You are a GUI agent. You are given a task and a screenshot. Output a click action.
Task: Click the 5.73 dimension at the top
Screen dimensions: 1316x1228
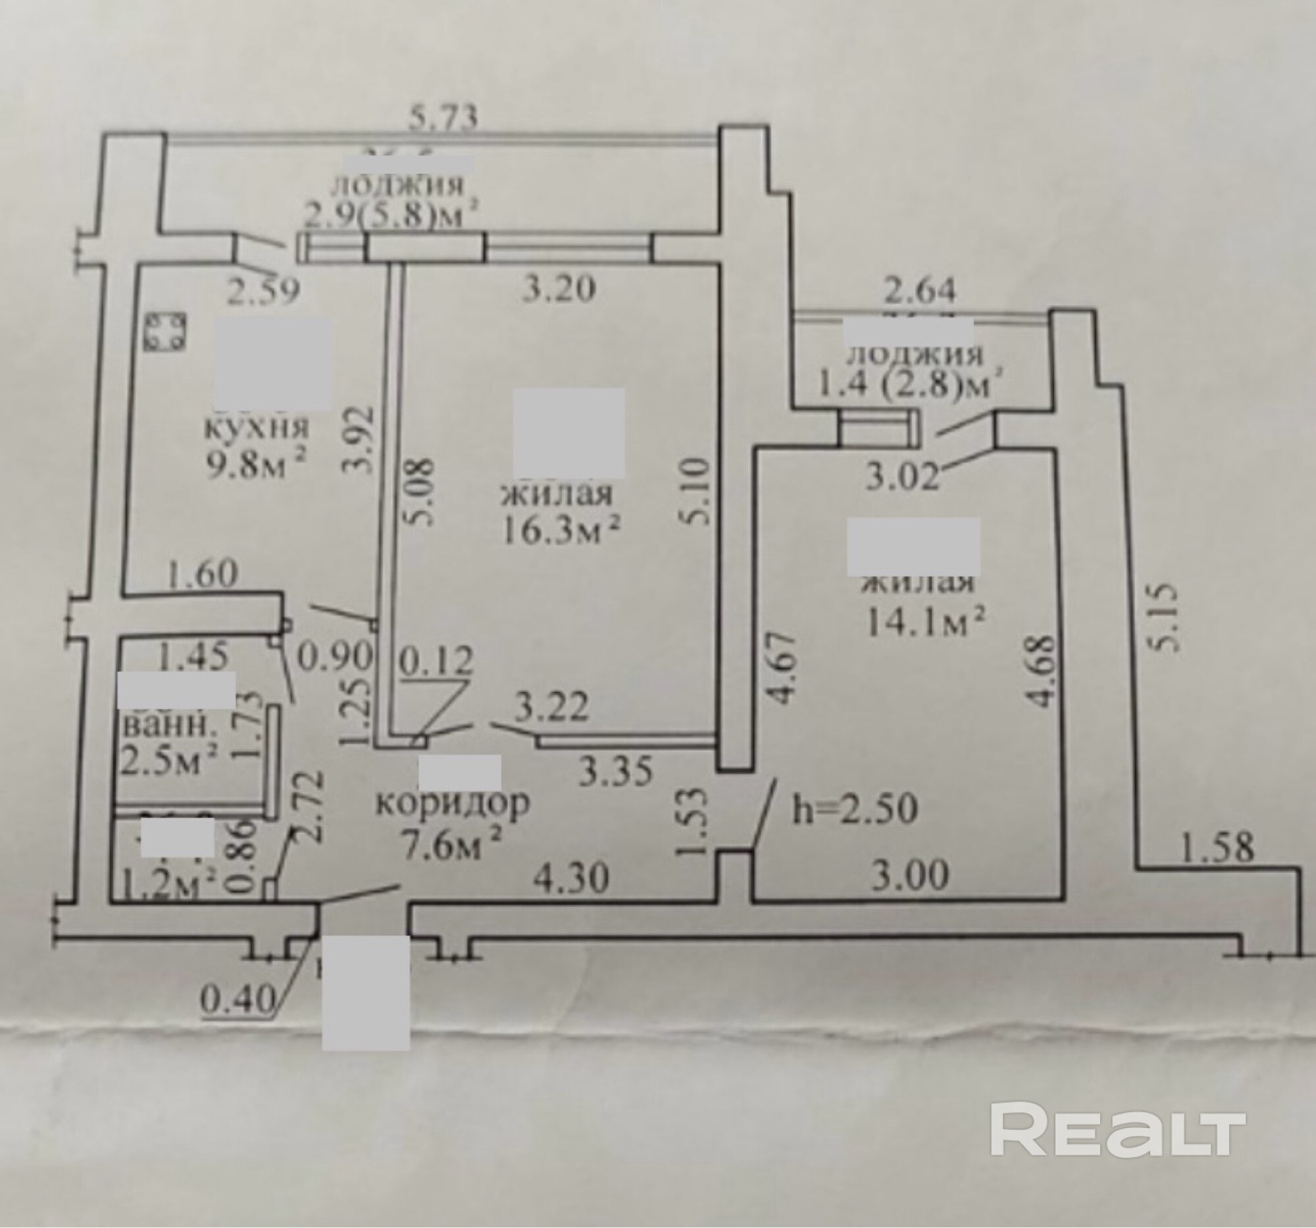(443, 120)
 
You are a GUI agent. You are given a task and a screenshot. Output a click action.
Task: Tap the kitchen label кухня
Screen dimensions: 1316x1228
(258, 428)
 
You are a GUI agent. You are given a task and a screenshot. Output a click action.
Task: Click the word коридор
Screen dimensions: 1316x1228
(453, 804)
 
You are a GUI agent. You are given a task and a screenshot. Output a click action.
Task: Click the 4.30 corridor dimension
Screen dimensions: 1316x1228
(570, 879)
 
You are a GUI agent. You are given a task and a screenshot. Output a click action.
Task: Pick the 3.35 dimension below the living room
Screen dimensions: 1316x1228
(616, 772)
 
